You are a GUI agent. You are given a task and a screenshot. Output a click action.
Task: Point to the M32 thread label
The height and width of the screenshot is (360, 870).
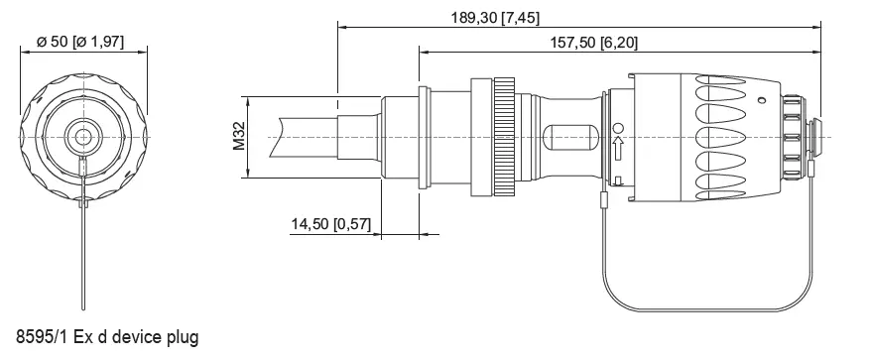point(239,137)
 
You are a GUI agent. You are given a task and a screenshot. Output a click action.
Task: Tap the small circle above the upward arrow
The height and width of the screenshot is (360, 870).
point(617,129)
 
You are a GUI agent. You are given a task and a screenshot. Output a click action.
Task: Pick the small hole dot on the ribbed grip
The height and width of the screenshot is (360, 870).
point(761,99)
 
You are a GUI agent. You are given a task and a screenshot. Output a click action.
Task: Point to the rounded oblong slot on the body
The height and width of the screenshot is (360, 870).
point(568,137)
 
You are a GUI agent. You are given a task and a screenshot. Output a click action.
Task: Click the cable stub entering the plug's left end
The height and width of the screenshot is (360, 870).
point(308,137)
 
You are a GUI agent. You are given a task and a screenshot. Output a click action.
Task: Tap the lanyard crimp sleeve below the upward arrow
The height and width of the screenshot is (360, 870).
point(604,204)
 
